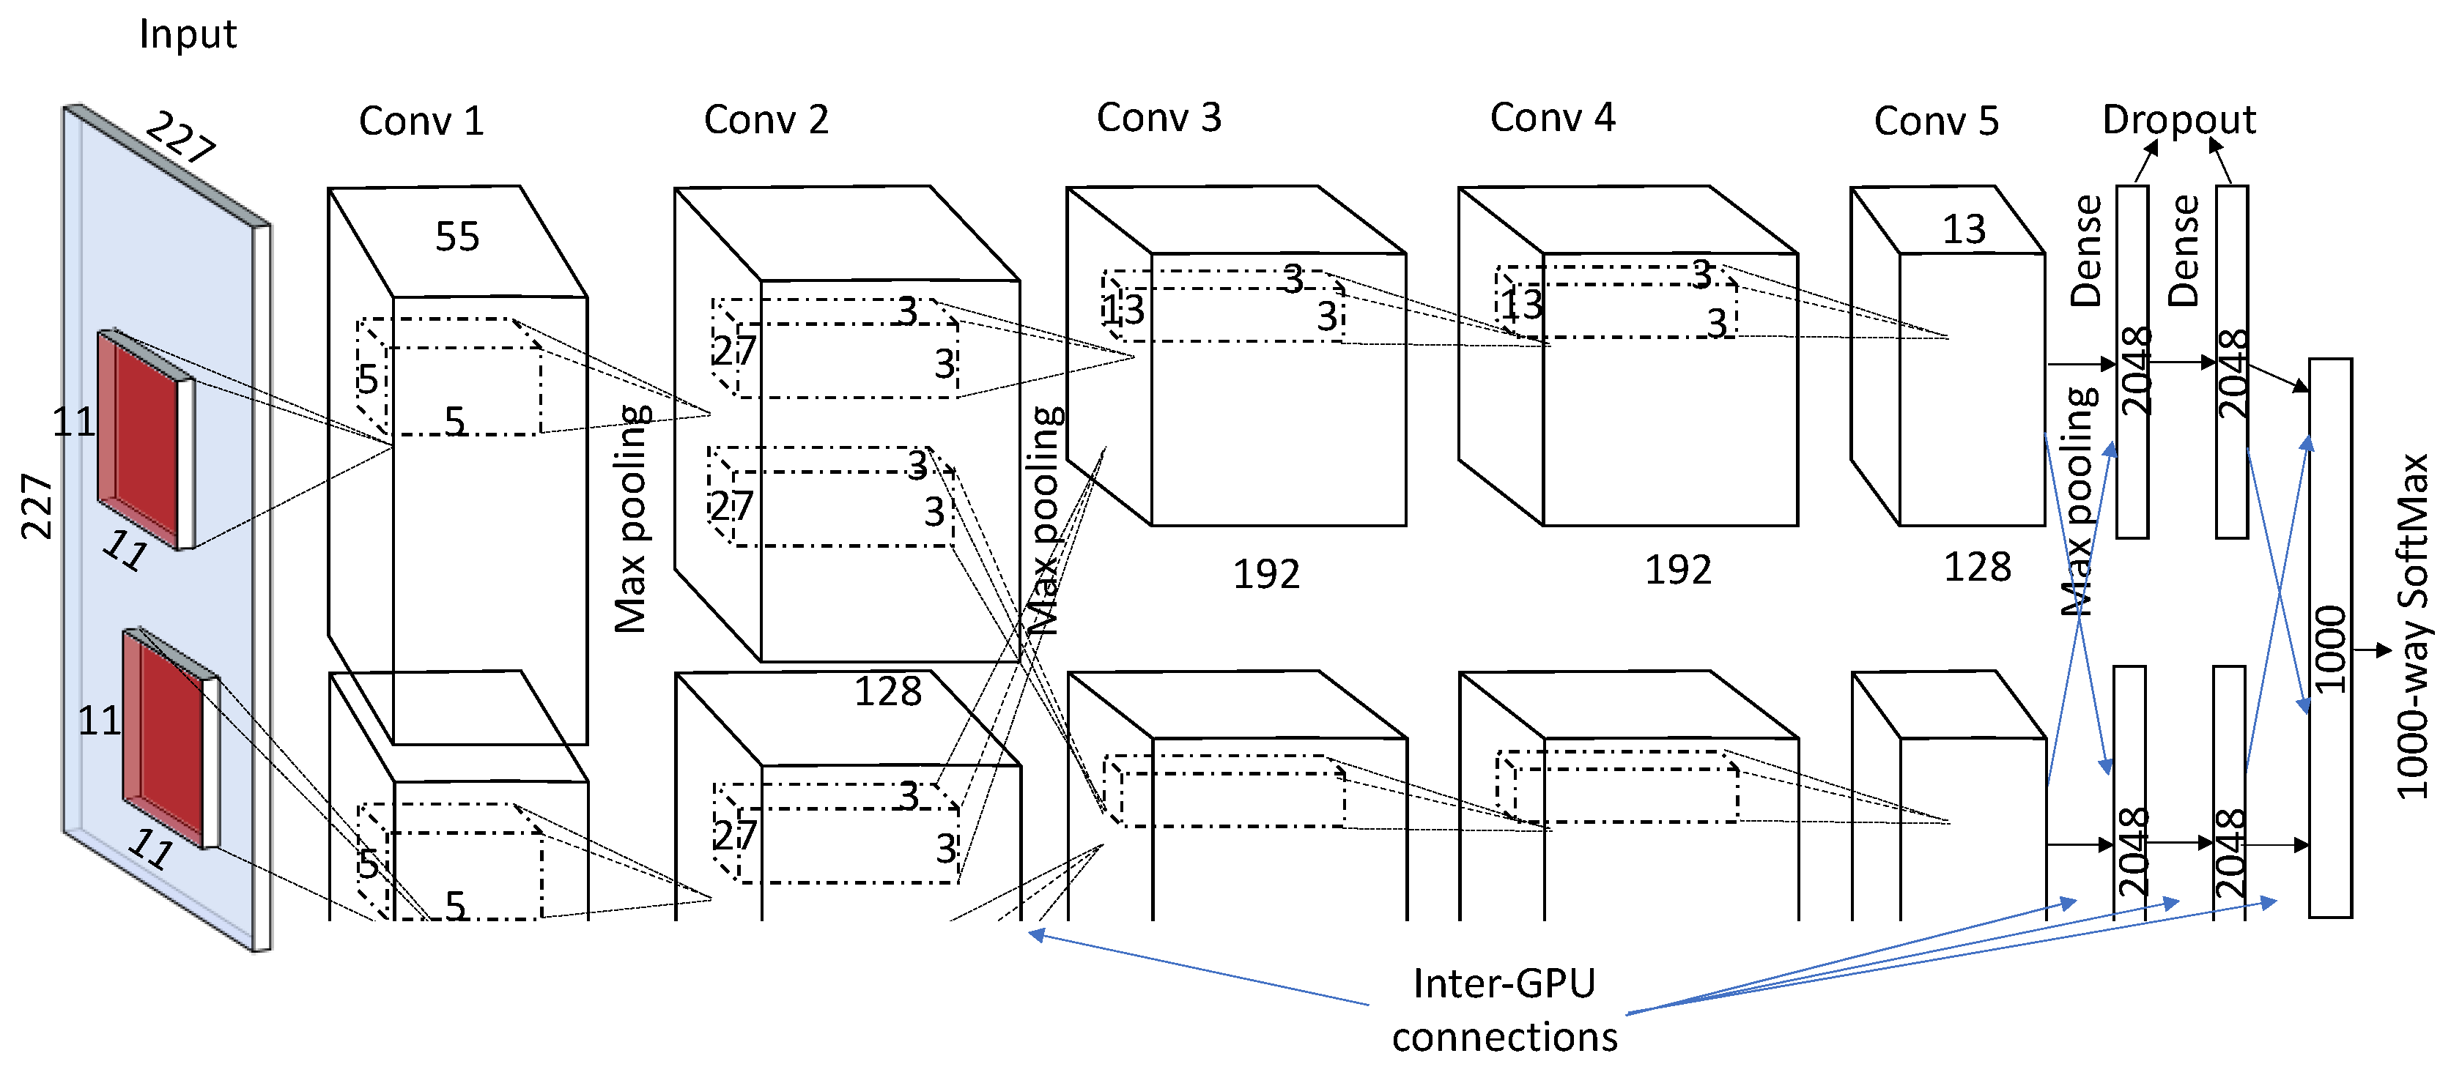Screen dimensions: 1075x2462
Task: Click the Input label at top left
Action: (x=188, y=34)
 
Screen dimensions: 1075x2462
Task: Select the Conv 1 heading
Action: (x=421, y=122)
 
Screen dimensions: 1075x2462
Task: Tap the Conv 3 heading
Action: (x=1158, y=118)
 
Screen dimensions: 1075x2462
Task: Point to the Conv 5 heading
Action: (x=1935, y=122)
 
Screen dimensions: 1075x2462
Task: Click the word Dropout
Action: (x=2178, y=119)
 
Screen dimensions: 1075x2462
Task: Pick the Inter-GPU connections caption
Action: (x=1504, y=1010)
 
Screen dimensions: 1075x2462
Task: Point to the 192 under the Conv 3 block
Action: (x=1266, y=574)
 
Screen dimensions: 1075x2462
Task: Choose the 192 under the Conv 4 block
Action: (x=1677, y=570)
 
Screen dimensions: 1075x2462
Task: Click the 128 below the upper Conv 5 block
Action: (x=1978, y=568)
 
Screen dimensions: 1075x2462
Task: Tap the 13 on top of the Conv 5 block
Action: (x=1964, y=229)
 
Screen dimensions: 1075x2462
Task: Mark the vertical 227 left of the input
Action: (x=37, y=507)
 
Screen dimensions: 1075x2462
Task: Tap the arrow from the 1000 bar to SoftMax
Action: (x=2372, y=651)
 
